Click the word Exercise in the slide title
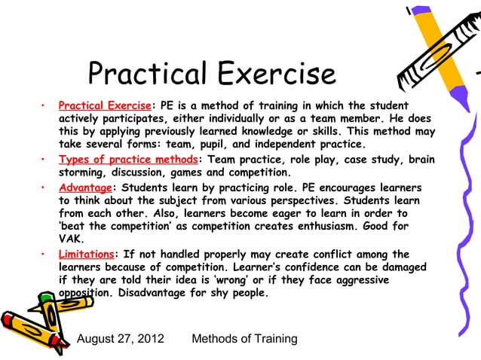click(x=276, y=74)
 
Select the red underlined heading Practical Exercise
click(x=105, y=105)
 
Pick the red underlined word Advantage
click(x=84, y=187)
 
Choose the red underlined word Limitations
click(x=86, y=255)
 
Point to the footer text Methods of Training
click(x=245, y=339)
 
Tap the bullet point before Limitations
click(x=45, y=255)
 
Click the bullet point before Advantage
click(x=45, y=187)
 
